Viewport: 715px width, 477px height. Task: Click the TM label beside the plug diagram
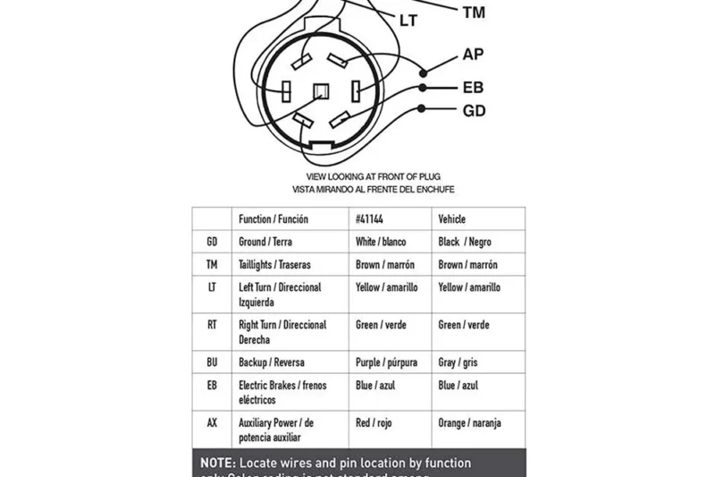[x=474, y=13]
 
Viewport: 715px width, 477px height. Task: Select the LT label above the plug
[x=408, y=19]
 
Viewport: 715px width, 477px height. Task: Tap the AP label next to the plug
[x=474, y=55]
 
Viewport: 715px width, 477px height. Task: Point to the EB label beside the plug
[x=474, y=88]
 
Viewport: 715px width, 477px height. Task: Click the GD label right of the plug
[x=474, y=111]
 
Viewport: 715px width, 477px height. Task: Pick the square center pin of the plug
[x=322, y=90]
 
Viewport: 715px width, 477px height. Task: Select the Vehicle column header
[x=451, y=219]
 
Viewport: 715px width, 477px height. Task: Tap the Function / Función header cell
[x=273, y=219]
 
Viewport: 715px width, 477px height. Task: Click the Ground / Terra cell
[x=265, y=242]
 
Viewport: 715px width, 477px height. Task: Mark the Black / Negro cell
[x=464, y=242]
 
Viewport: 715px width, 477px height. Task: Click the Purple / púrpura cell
[x=387, y=362]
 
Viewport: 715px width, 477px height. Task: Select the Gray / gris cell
[x=458, y=362]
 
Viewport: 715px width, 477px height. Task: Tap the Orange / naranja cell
[x=468, y=422]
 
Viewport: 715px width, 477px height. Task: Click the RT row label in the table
[x=212, y=325]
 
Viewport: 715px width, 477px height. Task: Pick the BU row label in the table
[x=212, y=362]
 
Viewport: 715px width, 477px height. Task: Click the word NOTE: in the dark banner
[x=217, y=463]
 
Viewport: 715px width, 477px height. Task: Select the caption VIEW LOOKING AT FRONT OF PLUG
[x=373, y=176]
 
